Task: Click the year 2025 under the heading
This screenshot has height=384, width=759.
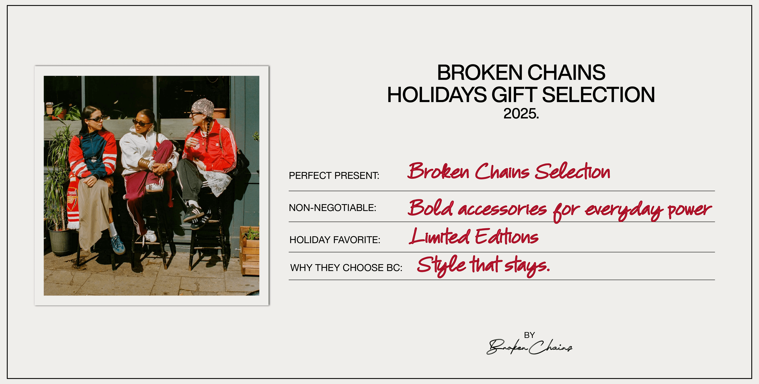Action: (x=521, y=114)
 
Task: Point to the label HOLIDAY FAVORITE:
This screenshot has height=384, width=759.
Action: (x=335, y=240)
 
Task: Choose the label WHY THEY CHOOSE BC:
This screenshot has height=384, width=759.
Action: (x=346, y=268)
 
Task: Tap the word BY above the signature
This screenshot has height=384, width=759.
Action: (x=529, y=335)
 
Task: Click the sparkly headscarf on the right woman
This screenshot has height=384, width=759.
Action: (x=203, y=108)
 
